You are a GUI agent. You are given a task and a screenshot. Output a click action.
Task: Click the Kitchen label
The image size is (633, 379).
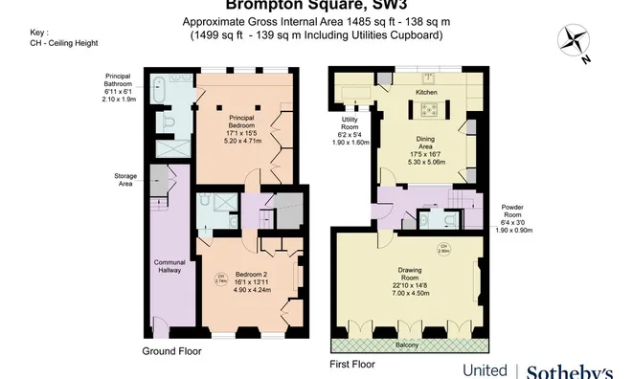coord(426,92)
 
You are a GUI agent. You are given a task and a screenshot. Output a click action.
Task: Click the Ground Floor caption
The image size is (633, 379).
coord(173,352)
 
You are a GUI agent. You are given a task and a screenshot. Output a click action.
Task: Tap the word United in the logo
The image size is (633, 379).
coord(485,370)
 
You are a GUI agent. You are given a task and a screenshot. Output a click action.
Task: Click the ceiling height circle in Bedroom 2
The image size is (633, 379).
coord(221,279)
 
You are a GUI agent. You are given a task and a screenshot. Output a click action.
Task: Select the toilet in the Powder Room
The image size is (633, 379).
coord(451,217)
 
